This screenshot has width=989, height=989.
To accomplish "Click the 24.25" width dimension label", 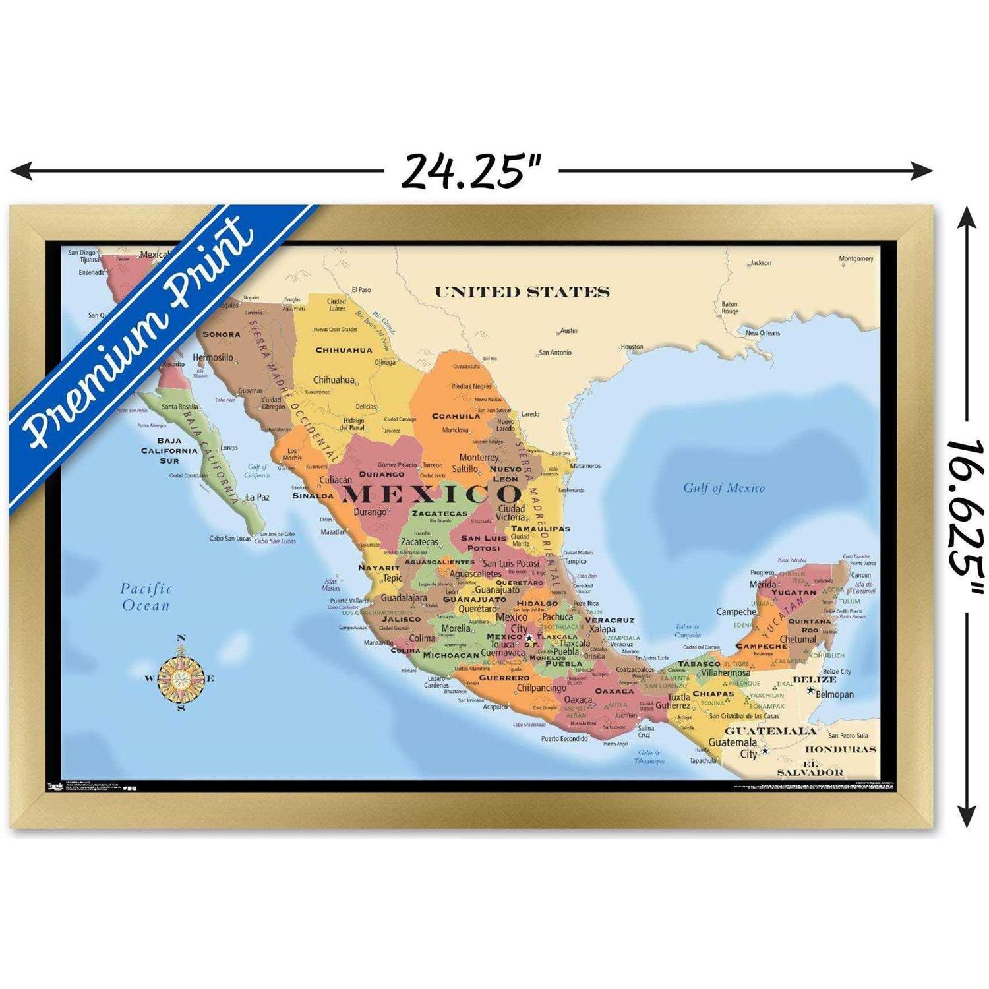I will tap(471, 171).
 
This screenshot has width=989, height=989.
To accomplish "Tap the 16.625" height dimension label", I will tap(965, 507).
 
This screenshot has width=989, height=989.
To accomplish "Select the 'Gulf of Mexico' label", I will tap(723, 488).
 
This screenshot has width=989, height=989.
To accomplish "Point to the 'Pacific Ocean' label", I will tap(146, 597).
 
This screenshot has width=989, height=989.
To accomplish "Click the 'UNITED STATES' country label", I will tap(522, 292).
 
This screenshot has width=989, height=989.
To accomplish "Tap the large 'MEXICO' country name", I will tap(432, 494).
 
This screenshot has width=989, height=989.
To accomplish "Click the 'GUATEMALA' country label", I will tap(770, 731).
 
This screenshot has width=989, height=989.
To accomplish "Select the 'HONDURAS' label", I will tap(840, 749).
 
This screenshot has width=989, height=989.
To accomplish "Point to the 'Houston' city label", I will tap(632, 347).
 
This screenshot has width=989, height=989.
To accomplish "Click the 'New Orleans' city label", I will tap(763, 333).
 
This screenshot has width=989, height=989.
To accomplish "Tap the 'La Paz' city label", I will tap(257, 497).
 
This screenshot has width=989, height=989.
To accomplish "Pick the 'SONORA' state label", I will tap(222, 334).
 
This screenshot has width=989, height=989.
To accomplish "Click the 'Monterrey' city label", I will tap(479, 457).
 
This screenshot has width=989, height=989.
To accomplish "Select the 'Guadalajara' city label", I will tap(404, 598).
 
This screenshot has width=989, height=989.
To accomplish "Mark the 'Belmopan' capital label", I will tap(834, 694).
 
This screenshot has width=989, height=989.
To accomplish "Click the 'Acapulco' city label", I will tap(495, 707).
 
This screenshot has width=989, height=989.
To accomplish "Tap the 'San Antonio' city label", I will tap(555, 353).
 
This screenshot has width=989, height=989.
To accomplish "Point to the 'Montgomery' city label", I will tap(856, 259).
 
